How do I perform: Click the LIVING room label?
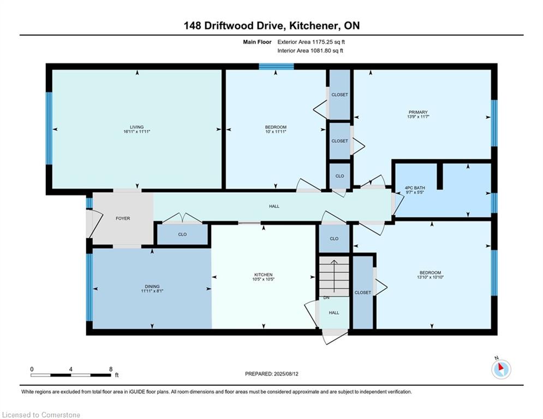[137, 127]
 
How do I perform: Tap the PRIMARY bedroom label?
[418, 112]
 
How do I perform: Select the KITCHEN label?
[264, 274]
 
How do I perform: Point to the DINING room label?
[152, 286]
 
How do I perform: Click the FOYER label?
[123, 219]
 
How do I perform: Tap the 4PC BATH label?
[415, 188]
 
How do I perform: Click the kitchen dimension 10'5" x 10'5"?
[264, 279]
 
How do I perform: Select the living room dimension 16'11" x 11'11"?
[137, 131]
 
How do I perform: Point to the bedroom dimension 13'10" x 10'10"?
[431, 277]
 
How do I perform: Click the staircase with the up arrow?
[334, 276]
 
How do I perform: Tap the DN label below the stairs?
[326, 298]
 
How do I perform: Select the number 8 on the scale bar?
[111, 369]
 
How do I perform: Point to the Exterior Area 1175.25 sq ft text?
[311, 42]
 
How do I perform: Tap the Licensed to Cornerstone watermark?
[41, 415]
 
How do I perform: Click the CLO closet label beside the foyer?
[182, 235]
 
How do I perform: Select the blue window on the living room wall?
[49, 128]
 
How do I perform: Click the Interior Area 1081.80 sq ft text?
[311, 51]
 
